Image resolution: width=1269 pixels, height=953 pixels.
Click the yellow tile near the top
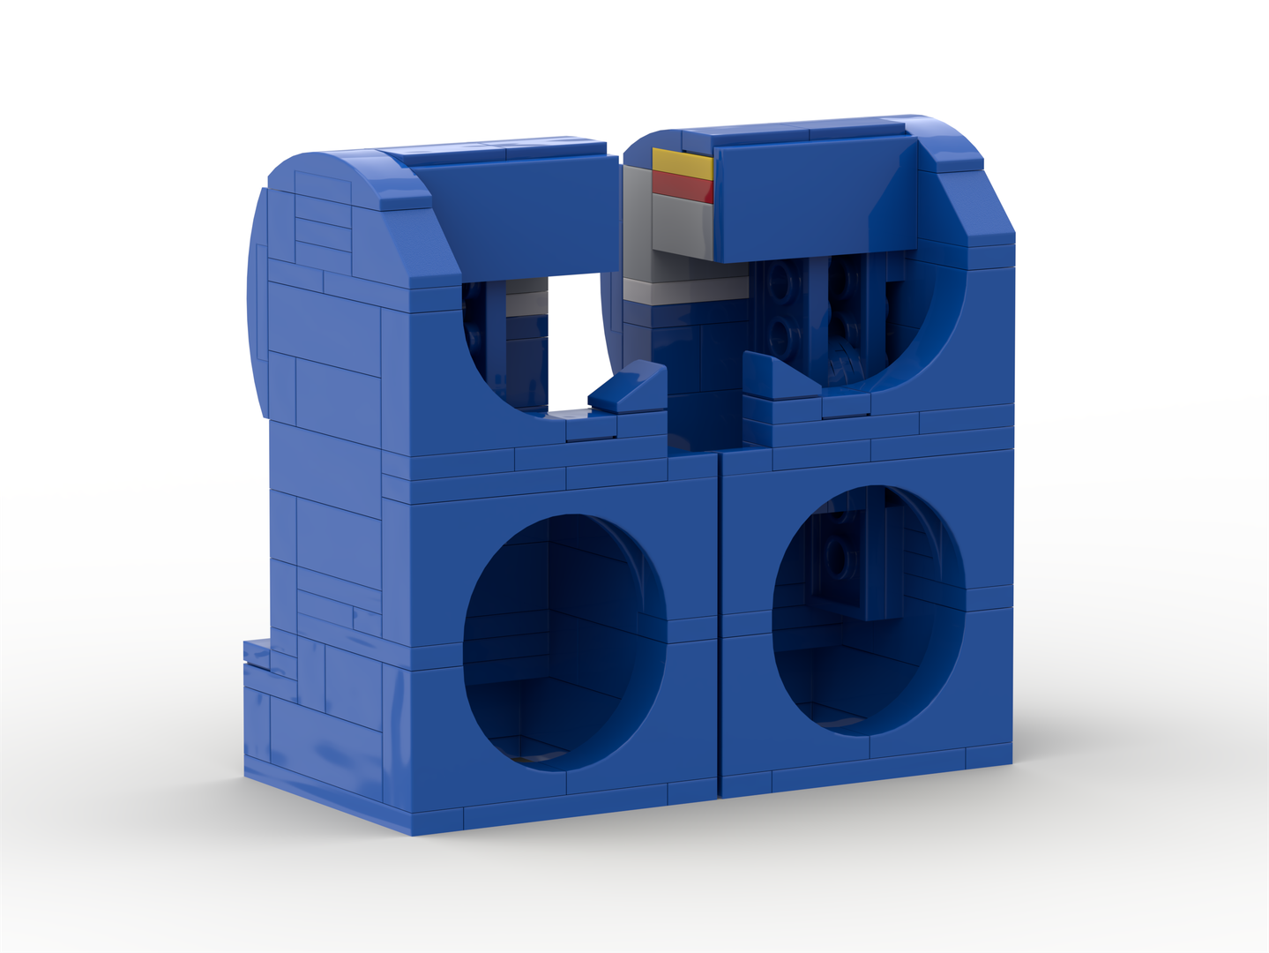[x=681, y=162]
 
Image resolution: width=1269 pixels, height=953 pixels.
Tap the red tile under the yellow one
[x=683, y=186]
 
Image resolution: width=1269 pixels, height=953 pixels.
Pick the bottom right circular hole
[x=868, y=609]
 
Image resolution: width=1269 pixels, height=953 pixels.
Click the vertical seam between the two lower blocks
[x=720, y=618]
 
